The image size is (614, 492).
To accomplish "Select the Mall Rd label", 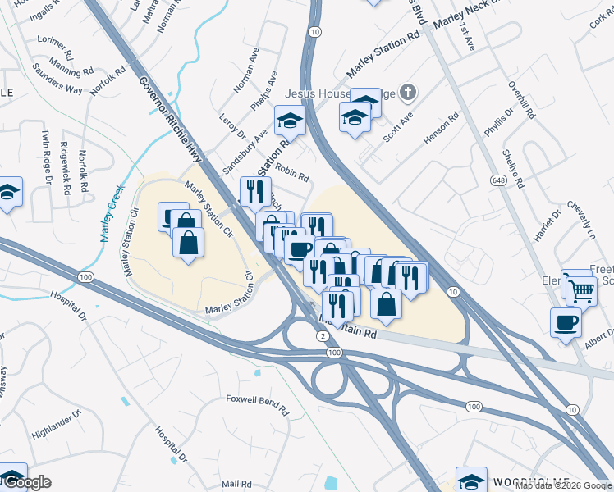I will point(235,484).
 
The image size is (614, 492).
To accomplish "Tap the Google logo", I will point(26,482).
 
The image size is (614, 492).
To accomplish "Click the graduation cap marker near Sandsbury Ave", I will point(289,122).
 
